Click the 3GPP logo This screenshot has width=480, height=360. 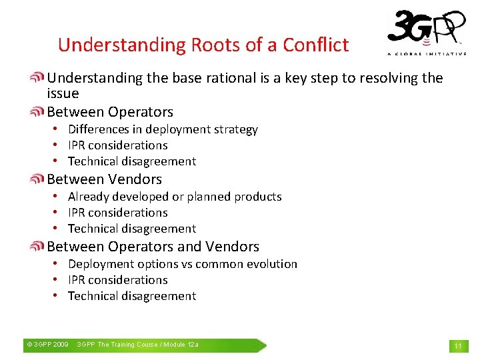(x=427, y=28)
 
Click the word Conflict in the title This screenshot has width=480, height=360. (x=315, y=45)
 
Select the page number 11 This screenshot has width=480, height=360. (x=458, y=346)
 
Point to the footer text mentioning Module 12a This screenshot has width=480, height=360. (x=137, y=345)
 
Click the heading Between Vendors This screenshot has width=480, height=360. (x=104, y=179)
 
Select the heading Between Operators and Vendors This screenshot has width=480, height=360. (x=153, y=247)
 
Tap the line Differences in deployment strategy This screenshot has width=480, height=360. (x=163, y=129)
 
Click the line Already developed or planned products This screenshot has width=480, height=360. (x=175, y=197)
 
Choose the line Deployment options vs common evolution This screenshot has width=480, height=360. (x=183, y=264)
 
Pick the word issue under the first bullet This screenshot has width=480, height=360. (x=63, y=93)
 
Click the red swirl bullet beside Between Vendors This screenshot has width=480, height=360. (x=38, y=179)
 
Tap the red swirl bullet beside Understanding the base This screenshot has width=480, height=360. (x=38, y=78)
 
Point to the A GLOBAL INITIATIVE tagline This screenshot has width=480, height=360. (x=427, y=54)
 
